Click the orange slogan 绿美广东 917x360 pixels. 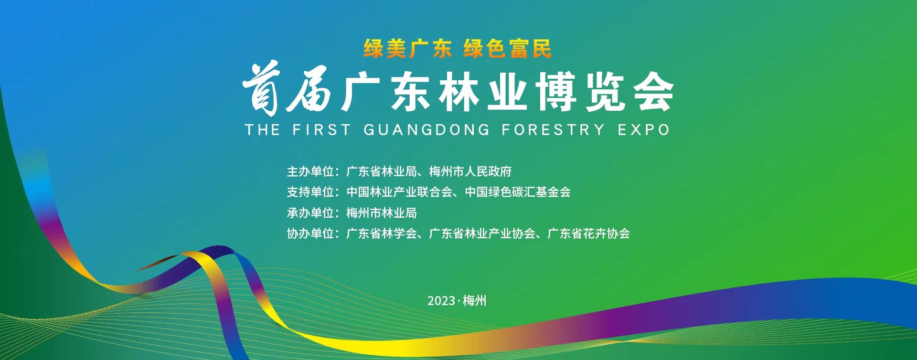pos(408,49)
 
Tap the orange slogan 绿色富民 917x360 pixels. pos(507,49)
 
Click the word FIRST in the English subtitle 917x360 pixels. pos(321,129)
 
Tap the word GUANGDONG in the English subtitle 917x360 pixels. pos(427,129)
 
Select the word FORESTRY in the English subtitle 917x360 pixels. pos(554,129)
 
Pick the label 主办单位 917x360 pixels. pos(310,171)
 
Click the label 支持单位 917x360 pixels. pos(310,192)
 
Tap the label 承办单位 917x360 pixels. pos(310,212)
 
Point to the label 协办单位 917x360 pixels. pos(310,233)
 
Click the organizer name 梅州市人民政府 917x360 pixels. pos(470,171)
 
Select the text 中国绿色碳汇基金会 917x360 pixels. pos(518,192)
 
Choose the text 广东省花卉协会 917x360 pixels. pos(588,233)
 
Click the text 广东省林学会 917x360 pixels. pos(382,233)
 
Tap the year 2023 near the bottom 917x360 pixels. pos(441,301)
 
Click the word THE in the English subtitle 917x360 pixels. pos(262,129)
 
